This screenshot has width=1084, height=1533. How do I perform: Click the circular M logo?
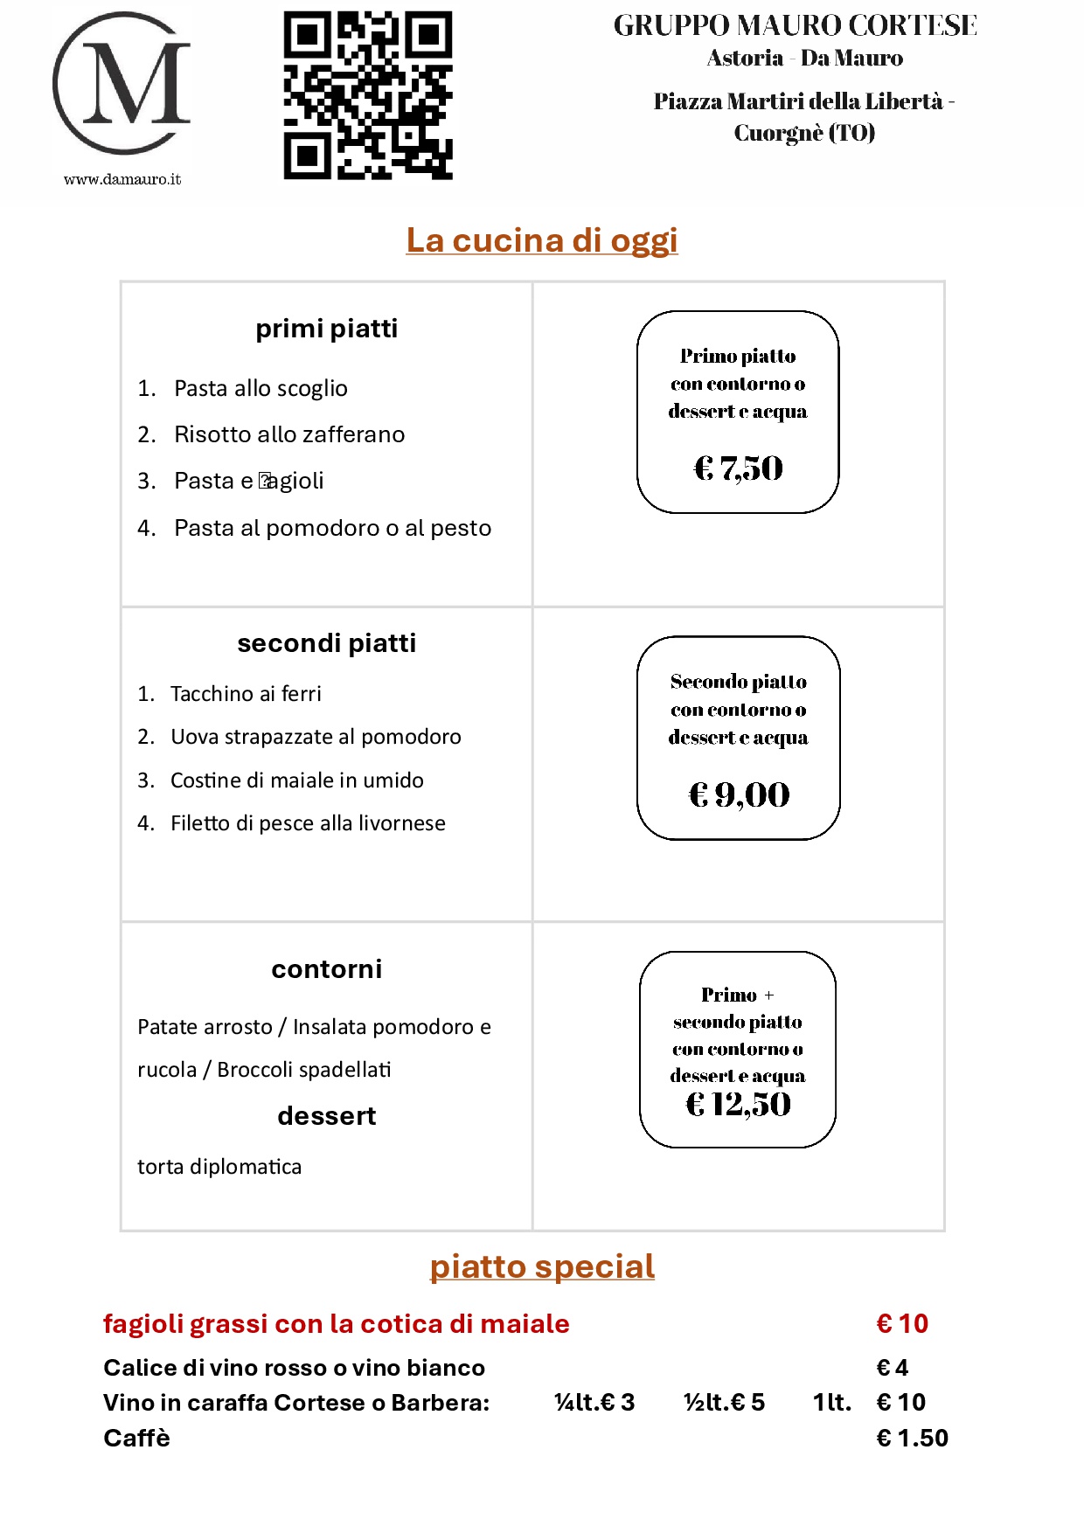[x=122, y=84]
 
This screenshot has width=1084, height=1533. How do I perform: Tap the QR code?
[x=368, y=95]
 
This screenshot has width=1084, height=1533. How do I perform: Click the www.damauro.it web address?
[x=122, y=179]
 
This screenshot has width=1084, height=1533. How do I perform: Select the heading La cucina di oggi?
[x=542, y=240]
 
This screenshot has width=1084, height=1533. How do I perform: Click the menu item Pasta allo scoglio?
[x=261, y=388]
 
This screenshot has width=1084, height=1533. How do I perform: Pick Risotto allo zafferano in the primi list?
[x=289, y=434]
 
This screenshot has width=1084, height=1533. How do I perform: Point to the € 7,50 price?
[x=739, y=468]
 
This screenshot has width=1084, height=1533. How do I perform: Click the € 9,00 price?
[x=740, y=794]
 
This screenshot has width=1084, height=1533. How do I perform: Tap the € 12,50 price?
[x=739, y=1105]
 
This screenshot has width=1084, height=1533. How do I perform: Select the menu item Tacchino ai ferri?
[x=246, y=694]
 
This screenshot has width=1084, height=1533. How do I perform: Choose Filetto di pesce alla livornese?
[x=308, y=823]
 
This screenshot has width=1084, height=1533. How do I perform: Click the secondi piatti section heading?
[x=327, y=643]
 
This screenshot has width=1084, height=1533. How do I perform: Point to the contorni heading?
[x=327, y=969]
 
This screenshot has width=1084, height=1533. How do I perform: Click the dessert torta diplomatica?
[x=219, y=1167]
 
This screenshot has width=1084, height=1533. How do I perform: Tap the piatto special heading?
[x=542, y=1266]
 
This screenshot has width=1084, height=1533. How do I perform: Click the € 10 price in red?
[x=902, y=1324]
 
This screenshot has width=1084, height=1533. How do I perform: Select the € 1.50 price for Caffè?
[x=912, y=1438]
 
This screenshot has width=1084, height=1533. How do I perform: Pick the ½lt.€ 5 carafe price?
[x=724, y=1403]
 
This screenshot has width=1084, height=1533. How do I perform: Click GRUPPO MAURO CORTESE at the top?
[x=795, y=26]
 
